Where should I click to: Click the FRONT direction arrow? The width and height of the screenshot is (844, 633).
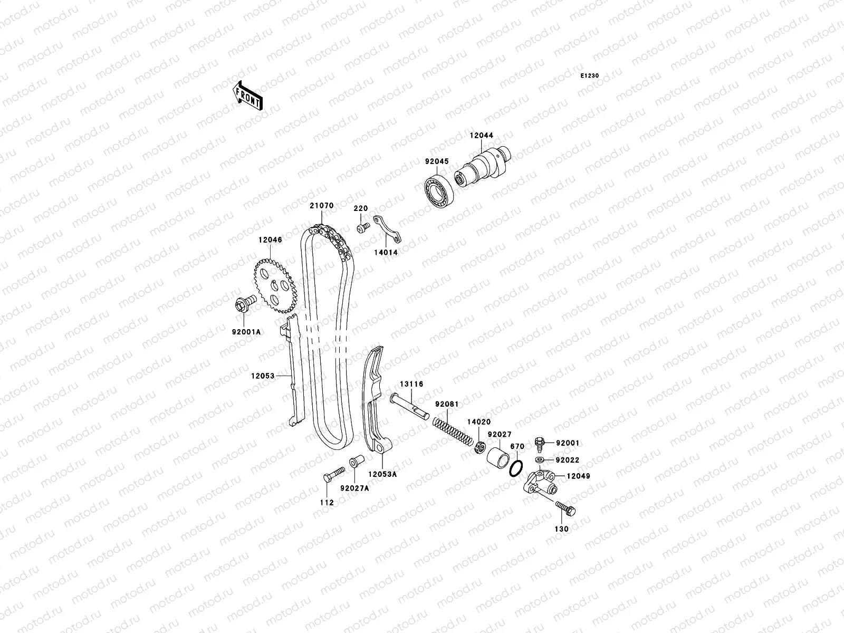(x=248, y=95)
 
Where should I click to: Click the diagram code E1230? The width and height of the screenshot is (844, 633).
(x=590, y=76)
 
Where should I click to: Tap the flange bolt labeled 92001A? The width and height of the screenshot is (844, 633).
(x=244, y=304)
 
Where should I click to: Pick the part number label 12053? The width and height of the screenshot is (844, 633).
(x=263, y=376)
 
